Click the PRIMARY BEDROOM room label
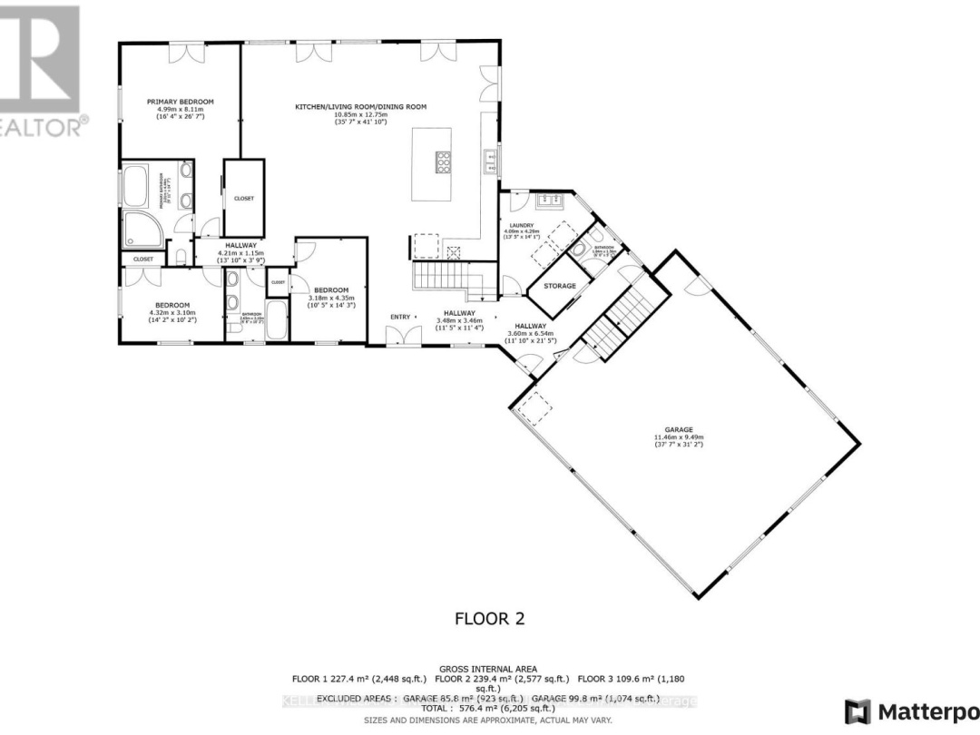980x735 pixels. point(180,102)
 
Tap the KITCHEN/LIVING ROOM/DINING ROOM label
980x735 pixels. point(360,107)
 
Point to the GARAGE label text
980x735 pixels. point(679,430)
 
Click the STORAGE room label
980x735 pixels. point(560,286)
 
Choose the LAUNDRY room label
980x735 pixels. point(521,225)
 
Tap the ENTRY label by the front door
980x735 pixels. point(400,317)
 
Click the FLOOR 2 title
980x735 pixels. point(489,619)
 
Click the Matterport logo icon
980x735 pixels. point(857,711)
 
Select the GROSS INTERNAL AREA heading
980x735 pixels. point(489,667)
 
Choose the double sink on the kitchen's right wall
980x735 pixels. point(491,162)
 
